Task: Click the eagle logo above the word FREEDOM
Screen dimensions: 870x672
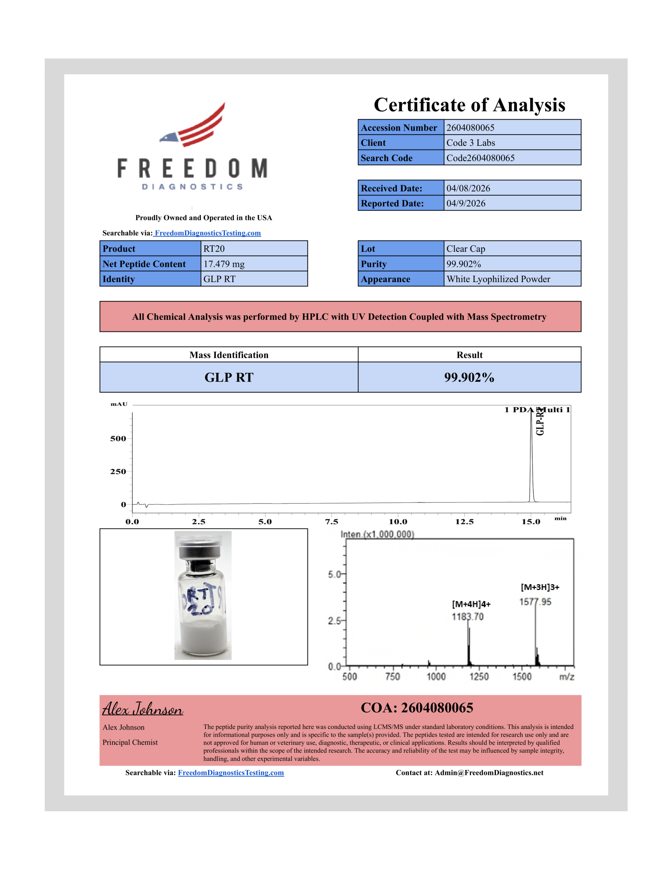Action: click(193, 125)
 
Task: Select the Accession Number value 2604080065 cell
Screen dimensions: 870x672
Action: click(512, 127)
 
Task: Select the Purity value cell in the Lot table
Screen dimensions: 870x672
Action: click(512, 264)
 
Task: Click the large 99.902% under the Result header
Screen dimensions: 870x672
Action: click(469, 377)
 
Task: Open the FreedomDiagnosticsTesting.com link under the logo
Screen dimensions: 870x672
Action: click(208, 233)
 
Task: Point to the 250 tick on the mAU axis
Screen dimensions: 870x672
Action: click(118, 472)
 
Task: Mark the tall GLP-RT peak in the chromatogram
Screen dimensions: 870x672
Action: click(531, 458)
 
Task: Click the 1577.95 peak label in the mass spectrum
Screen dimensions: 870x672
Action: click(535, 602)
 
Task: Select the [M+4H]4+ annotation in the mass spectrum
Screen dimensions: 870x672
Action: click(471, 604)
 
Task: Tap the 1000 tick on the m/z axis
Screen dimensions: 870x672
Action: click(436, 677)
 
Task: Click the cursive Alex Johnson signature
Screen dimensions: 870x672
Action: click(143, 709)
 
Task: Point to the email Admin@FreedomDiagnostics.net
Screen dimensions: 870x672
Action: click(489, 773)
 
